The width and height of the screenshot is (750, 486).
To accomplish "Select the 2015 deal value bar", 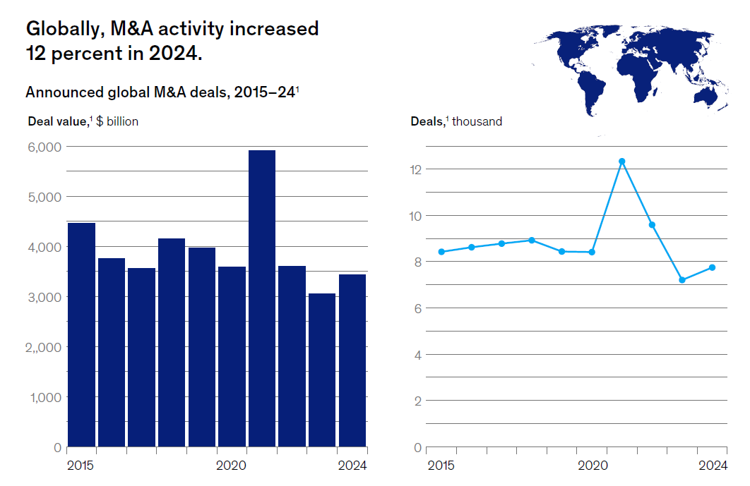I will pyautogui.click(x=81, y=335).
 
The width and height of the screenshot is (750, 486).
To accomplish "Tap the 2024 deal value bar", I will pyautogui.click(x=352, y=360).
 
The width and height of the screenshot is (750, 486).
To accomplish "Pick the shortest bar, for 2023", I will pyautogui.click(x=322, y=370).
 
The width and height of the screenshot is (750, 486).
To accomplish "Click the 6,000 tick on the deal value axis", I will pyautogui.click(x=46, y=147).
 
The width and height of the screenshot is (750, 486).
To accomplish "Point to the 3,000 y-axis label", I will pyautogui.click(x=46, y=297).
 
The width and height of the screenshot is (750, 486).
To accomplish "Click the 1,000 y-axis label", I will pyautogui.click(x=46, y=397).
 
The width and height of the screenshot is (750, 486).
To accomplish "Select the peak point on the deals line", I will pyautogui.click(x=622, y=162).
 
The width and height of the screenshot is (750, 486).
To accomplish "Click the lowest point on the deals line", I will pyautogui.click(x=682, y=280).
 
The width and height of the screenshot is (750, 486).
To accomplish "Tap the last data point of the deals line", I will pyautogui.click(x=713, y=267).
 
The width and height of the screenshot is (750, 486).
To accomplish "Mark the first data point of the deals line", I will pyautogui.click(x=441, y=252).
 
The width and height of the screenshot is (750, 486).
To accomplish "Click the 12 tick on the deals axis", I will pyautogui.click(x=415, y=169).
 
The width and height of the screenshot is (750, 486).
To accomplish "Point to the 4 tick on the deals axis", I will pyautogui.click(x=418, y=355).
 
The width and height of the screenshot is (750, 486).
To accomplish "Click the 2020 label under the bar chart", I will pyautogui.click(x=231, y=466).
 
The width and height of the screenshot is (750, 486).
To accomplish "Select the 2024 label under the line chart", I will pyautogui.click(x=713, y=466).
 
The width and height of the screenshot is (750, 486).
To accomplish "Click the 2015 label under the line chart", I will pyautogui.click(x=441, y=466).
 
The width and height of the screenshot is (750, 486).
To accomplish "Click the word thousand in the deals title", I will pyautogui.click(x=477, y=121).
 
